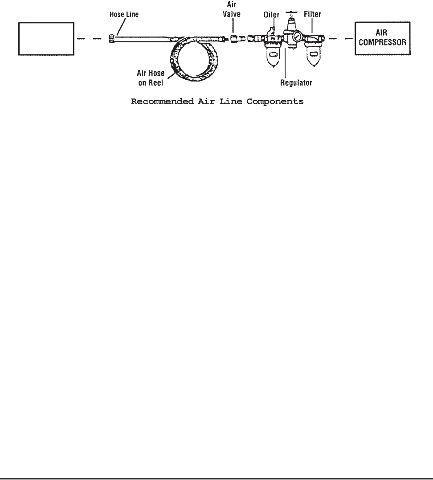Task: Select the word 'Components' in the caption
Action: coord(276,102)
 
